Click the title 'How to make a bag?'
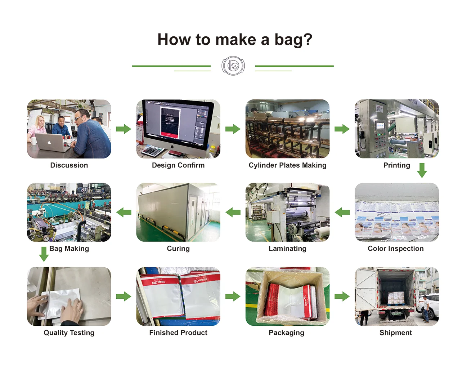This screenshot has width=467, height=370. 234,39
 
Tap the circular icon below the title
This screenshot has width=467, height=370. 233,66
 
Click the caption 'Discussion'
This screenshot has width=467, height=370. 69,165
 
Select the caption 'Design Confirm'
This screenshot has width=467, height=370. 178,165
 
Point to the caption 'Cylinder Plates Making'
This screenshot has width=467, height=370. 287,165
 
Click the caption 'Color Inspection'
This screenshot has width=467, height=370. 396,249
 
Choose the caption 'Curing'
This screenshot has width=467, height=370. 178,249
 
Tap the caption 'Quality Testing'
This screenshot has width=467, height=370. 69,333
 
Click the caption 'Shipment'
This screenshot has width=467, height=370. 396,333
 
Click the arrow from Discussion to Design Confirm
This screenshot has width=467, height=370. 124,129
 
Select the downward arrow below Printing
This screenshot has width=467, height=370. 422,170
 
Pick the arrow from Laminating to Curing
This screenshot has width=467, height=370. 233,212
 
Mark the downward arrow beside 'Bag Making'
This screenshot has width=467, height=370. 44,254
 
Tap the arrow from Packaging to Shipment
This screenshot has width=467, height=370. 342,297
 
